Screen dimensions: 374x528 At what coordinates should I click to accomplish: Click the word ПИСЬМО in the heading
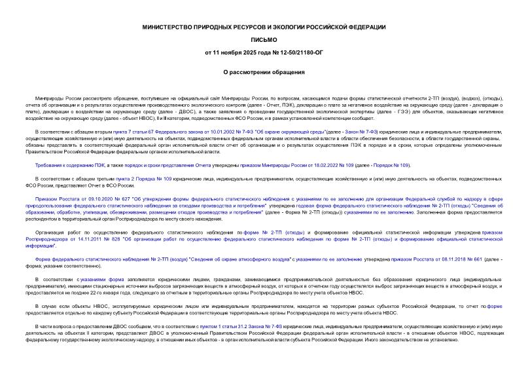pos(264,39)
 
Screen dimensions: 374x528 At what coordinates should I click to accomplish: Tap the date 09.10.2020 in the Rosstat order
pos(99,196)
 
